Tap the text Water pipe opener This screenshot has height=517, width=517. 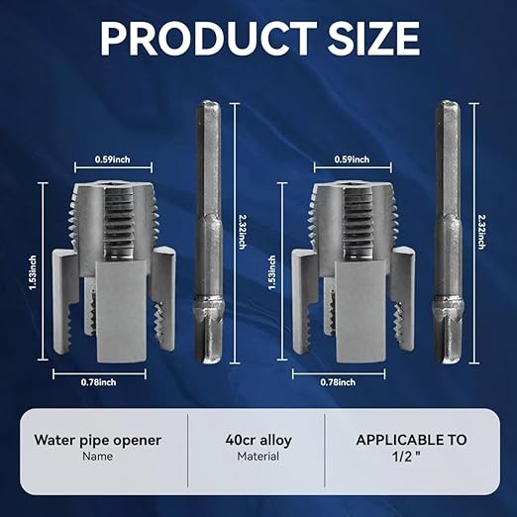97,440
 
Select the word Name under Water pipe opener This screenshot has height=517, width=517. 97,457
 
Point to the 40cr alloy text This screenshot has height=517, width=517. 258,440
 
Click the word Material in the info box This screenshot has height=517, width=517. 258,457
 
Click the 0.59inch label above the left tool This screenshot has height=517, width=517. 114,157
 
